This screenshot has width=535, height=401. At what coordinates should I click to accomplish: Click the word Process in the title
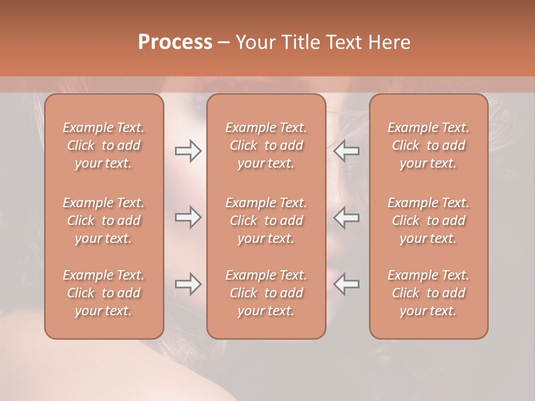coord(175,42)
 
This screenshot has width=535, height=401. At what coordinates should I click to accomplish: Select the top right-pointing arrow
coord(188,151)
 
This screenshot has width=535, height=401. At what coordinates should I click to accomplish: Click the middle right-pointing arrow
coord(188,217)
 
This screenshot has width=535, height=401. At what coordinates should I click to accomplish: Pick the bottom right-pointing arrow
coord(188,284)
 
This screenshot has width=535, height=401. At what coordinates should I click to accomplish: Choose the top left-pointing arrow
coord(347,151)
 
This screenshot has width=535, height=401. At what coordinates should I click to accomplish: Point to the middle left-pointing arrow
coord(347,217)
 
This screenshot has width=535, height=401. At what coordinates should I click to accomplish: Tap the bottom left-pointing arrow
coord(347,284)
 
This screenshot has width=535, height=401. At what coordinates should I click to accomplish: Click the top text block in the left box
coord(104,145)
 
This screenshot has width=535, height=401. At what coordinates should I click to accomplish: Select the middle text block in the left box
coord(104,221)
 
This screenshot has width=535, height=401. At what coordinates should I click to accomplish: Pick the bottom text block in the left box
coord(104,293)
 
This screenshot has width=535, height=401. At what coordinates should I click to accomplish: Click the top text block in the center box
coord(266,145)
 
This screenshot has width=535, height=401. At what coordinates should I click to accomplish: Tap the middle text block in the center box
coord(266,221)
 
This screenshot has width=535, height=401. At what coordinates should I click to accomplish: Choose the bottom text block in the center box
coord(266,293)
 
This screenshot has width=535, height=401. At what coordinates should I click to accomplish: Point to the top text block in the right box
coord(428,145)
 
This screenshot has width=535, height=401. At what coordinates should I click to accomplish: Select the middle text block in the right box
coord(428,221)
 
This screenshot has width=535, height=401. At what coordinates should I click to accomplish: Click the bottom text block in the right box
coord(428,293)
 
